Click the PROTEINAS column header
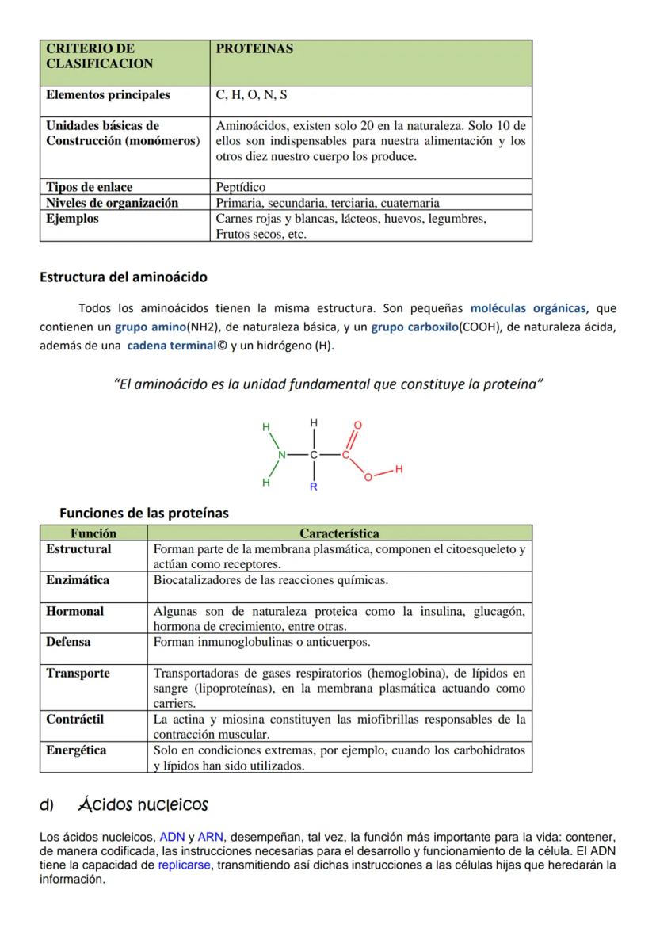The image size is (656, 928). (254, 49)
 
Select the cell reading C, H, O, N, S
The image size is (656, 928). (251, 95)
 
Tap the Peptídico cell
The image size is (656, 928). (240, 188)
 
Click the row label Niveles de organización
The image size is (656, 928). (112, 203)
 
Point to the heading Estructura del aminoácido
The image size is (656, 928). (124, 277)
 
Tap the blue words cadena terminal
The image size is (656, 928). (171, 345)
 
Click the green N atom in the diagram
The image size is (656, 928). (280, 455)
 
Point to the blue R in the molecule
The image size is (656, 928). (313, 487)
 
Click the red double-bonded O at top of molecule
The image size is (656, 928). (357, 426)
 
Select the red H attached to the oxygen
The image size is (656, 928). (399, 470)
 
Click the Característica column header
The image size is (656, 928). (339, 533)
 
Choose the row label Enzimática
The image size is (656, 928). (78, 580)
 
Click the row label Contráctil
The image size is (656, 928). (75, 720)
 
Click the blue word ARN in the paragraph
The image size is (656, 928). (210, 836)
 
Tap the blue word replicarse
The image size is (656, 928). (184, 865)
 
